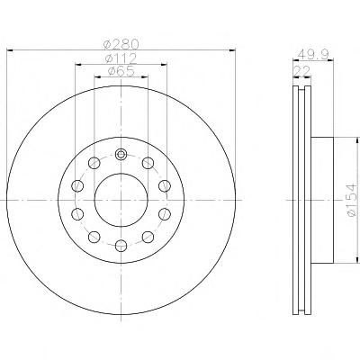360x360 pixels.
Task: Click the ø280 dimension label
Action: [121, 44]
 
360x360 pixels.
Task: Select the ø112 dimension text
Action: [121, 58]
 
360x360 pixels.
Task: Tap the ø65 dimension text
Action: [121, 71]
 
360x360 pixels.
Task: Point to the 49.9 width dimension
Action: [314, 54]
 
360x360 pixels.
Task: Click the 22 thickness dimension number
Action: [302, 71]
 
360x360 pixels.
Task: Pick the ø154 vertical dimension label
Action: [352, 200]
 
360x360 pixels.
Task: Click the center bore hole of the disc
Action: [121, 200]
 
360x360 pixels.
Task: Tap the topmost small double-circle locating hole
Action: [121, 155]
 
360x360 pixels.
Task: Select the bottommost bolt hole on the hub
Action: [121, 246]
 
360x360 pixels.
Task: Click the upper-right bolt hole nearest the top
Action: [148, 163]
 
